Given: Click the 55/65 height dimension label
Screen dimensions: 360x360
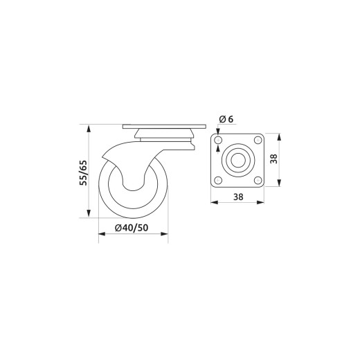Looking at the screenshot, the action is point(83,172).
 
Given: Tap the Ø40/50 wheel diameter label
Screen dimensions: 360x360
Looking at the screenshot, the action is point(132,228).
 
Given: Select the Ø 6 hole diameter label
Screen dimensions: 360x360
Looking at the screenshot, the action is point(226,119).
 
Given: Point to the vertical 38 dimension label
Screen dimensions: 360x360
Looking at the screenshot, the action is point(273,159).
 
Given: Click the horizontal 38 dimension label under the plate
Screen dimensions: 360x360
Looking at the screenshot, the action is point(238,197).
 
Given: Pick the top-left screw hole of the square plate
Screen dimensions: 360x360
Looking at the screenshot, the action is point(218,140).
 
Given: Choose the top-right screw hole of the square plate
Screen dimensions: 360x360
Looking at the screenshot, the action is point(258,140).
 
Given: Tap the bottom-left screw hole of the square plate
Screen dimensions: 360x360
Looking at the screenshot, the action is point(218,180).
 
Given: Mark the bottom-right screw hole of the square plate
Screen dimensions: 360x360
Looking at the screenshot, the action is point(258,180).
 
